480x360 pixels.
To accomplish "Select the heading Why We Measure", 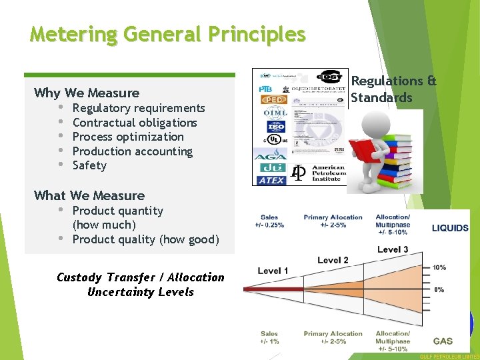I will pos(87,93).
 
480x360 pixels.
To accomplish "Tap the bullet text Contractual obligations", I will pos(135,123).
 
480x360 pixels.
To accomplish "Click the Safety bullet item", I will pos(89,165).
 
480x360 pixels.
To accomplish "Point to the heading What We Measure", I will pos(89,195).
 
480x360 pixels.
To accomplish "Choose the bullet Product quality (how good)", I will pos(145,239).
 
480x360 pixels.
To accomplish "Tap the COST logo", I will pos(329,77).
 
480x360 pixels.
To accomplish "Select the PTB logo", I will pos(267,88).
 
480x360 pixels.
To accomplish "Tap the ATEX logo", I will pos(272,180).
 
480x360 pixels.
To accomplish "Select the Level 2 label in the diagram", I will pos(333,260).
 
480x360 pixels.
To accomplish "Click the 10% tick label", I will pos(439,267).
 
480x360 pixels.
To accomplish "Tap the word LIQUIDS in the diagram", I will pos(450,228).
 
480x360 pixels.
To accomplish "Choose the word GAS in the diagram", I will pos(443,341).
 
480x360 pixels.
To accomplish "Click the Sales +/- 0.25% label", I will pos(270,221).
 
